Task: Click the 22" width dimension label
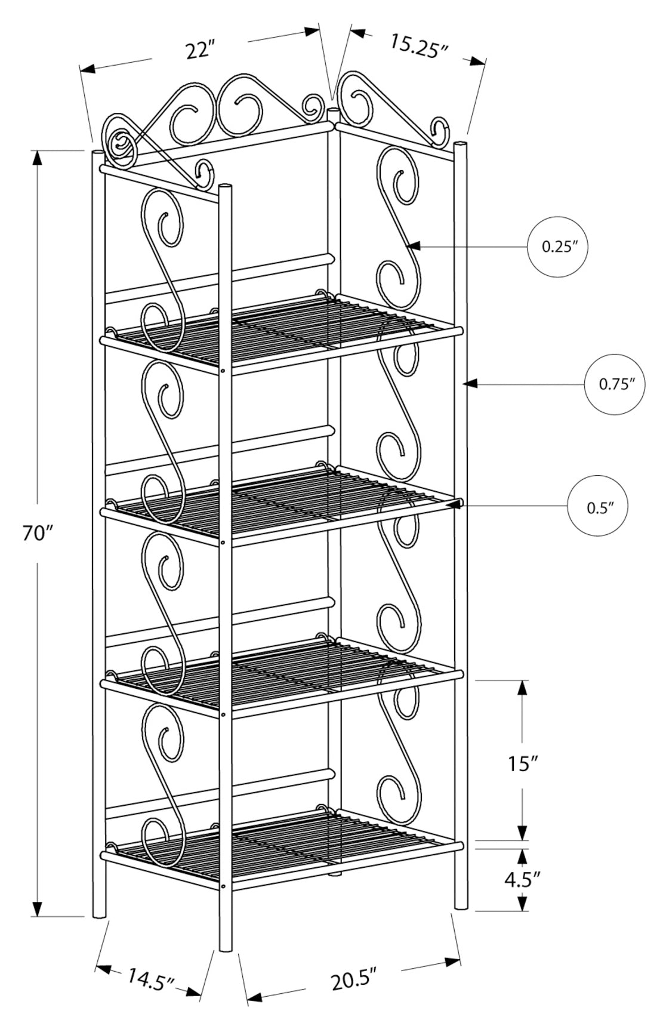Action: (x=199, y=51)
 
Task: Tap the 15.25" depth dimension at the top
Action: (x=419, y=45)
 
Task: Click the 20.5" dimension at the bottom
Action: (x=354, y=980)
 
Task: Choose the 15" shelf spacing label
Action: (x=523, y=763)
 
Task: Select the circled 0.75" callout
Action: (x=614, y=384)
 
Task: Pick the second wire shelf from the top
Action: (x=280, y=503)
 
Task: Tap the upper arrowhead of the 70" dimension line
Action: (x=38, y=158)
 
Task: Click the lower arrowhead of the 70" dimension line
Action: (x=38, y=908)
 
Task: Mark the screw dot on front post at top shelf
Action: (x=223, y=370)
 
